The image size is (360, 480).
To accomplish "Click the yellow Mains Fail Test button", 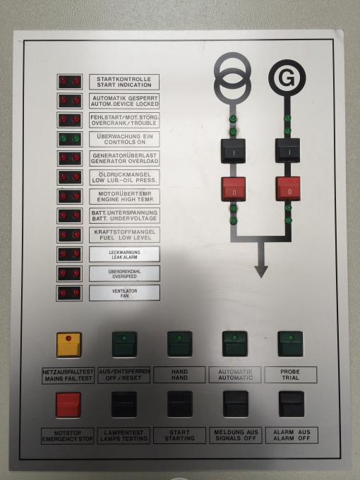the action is [x=69, y=344].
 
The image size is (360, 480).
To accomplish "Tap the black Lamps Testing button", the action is [x=124, y=404].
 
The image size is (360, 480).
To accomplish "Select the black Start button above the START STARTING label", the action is [x=180, y=404].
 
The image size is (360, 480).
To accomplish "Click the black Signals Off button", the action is [x=235, y=404].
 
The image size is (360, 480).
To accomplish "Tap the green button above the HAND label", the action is [x=180, y=344].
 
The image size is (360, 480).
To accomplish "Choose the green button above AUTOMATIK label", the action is [x=235, y=344].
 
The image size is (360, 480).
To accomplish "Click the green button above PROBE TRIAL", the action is [x=290, y=344].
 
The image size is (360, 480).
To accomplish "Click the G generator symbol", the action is [x=287, y=78].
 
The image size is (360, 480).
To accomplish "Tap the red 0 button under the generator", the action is [x=288, y=189].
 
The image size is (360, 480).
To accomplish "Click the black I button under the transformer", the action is [x=233, y=150].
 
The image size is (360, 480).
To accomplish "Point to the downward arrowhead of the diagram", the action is [x=261, y=272].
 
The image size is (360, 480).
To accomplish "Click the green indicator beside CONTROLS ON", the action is [x=70, y=139].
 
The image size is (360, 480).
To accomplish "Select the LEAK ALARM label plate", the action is [x=124, y=254].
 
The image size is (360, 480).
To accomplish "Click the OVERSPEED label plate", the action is [x=124, y=274].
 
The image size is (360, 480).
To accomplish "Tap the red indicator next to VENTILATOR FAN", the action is [x=69, y=293].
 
